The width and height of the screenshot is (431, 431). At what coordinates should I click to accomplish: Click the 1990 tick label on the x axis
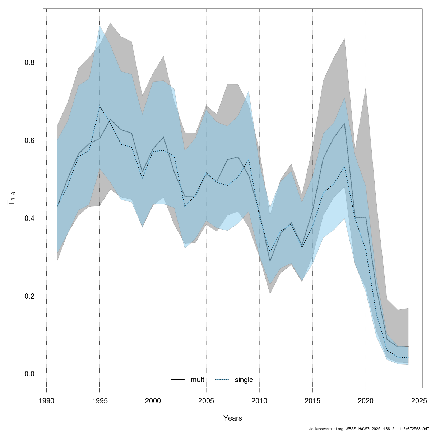[46, 400]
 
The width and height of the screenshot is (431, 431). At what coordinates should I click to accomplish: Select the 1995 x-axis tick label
[99, 400]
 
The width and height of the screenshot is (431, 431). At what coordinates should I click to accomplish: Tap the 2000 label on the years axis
[153, 400]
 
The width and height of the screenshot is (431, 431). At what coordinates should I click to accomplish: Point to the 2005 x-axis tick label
[206, 400]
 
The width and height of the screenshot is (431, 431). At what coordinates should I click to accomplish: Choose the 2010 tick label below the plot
[259, 400]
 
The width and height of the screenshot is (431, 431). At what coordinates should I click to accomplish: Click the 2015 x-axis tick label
[312, 400]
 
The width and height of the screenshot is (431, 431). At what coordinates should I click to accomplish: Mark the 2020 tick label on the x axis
[366, 400]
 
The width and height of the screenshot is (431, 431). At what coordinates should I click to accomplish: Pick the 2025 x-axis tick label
[419, 400]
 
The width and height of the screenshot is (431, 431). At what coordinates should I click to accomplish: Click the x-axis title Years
[232, 418]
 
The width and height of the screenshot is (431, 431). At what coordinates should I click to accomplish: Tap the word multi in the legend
[198, 380]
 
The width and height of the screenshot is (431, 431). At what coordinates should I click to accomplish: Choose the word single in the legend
[244, 380]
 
